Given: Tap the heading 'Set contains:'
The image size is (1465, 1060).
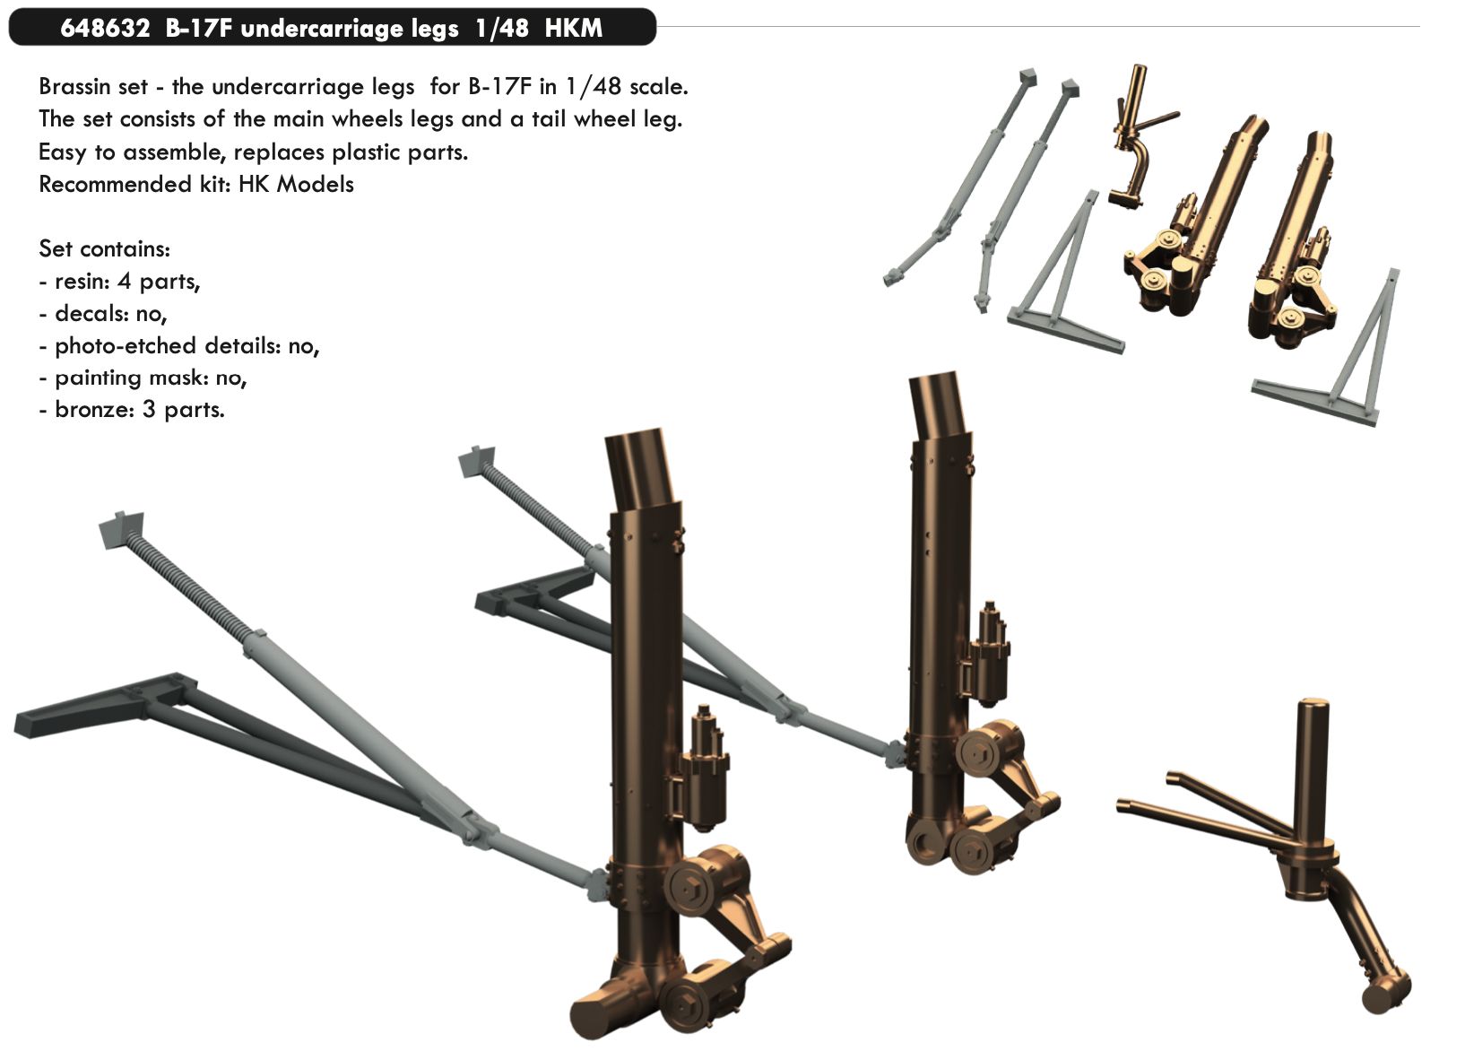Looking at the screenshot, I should (104, 248).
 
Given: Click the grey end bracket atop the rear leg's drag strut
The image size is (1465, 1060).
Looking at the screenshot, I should (478, 462).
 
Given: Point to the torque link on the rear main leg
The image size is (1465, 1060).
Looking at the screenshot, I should (1022, 789).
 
